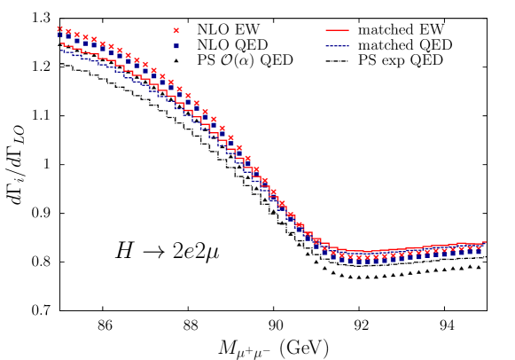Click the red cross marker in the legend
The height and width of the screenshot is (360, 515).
(176, 30)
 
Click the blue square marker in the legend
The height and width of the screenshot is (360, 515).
(176, 46)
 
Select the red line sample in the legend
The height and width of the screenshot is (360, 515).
(337, 30)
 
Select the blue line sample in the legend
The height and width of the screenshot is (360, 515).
(337, 46)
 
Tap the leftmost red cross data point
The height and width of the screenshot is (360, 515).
(60, 28)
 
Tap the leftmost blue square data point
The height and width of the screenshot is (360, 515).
(60, 35)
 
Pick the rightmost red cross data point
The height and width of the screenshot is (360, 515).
(479, 247)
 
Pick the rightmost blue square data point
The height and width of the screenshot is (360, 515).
(479, 252)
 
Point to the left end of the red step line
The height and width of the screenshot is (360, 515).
(60, 43)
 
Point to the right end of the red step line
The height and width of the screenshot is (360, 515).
(487, 242)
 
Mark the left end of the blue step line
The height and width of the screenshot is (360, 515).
(60, 49)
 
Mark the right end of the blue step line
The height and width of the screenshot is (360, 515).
(487, 245)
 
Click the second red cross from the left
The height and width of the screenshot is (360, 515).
(68, 31)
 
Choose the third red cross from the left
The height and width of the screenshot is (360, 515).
(77, 35)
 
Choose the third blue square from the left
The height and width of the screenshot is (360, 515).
(77, 40)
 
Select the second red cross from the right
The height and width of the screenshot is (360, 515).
(470, 248)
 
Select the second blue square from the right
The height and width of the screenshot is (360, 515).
(470, 253)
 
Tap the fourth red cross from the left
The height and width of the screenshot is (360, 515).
(85, 37)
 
